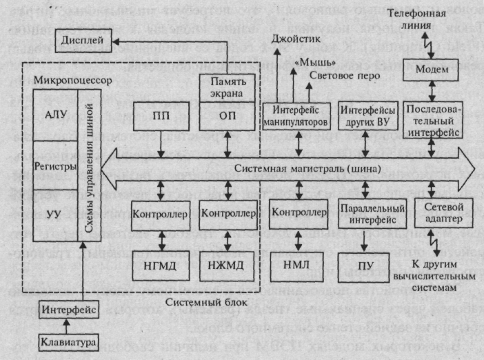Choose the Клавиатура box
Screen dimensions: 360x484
coord(66,343)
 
